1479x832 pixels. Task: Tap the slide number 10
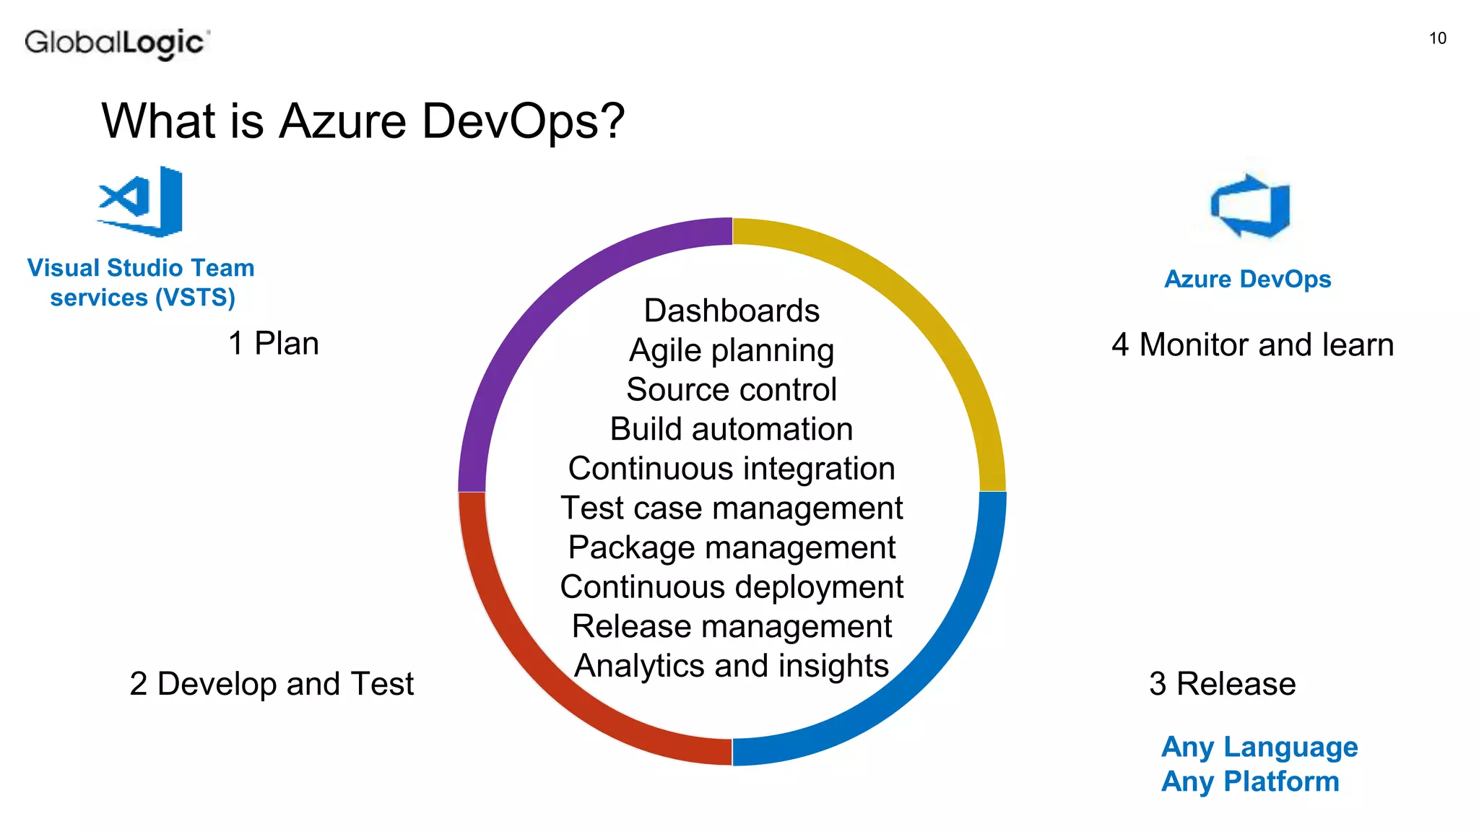pos(1437,38)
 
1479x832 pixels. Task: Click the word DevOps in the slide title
pos(523,121)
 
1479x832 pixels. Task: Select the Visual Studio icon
pos(142,201)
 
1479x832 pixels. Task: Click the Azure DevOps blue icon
pos(1251,207)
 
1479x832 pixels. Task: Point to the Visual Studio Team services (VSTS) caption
pos(142,282)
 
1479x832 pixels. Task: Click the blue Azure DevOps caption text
pos(1247,279)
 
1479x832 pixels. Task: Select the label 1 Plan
pos(274,343)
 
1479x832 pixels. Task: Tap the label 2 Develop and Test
pos(272,683)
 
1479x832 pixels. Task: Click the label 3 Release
pos(1222,683)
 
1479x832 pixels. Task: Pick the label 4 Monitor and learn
pos(1252,344)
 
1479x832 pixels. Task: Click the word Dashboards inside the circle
pos(732,311)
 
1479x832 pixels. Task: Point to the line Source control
pos(732,390)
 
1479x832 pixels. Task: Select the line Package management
pos(732,547)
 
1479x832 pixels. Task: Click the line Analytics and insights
pos(732,666)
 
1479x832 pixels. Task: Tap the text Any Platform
pos(1250,781)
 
